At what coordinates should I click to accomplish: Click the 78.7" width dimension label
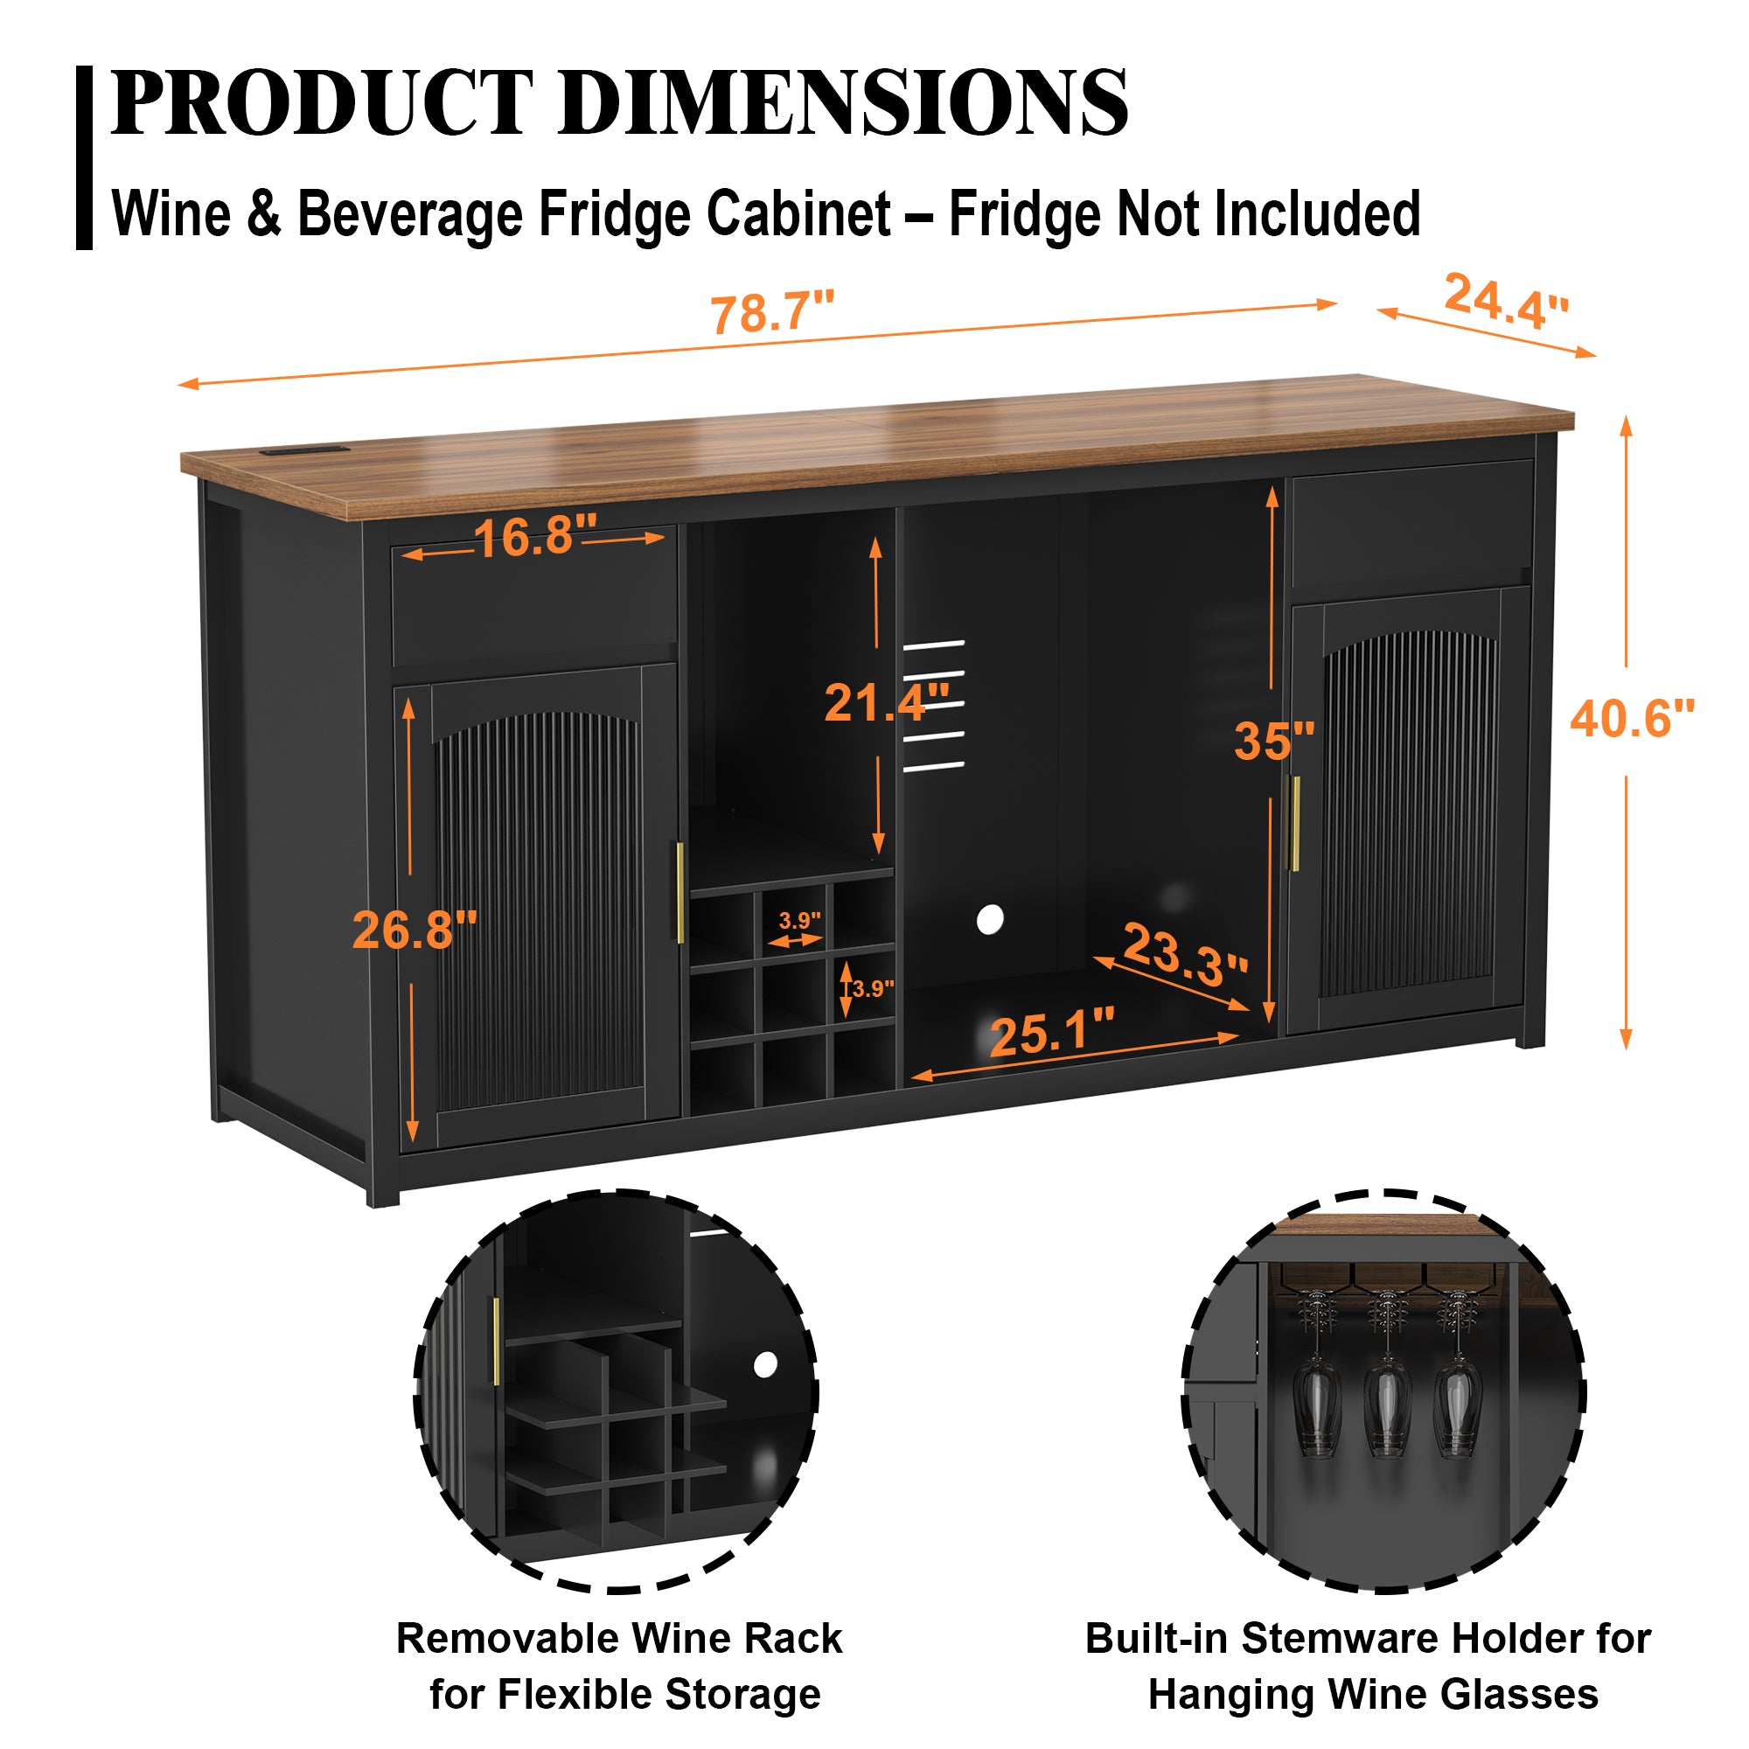point(771,313)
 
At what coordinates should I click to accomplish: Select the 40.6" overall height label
point(1631,719)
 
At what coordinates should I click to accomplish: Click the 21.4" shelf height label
point(885,701)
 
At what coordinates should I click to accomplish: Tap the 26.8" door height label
point(415,930)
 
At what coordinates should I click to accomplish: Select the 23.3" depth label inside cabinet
point(1184,954)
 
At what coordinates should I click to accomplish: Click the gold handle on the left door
point(679,893)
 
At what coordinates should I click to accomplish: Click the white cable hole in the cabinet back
point(991,920)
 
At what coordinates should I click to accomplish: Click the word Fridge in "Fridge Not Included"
point(1026,214)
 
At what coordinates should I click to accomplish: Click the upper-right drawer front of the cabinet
point(1411,521)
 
